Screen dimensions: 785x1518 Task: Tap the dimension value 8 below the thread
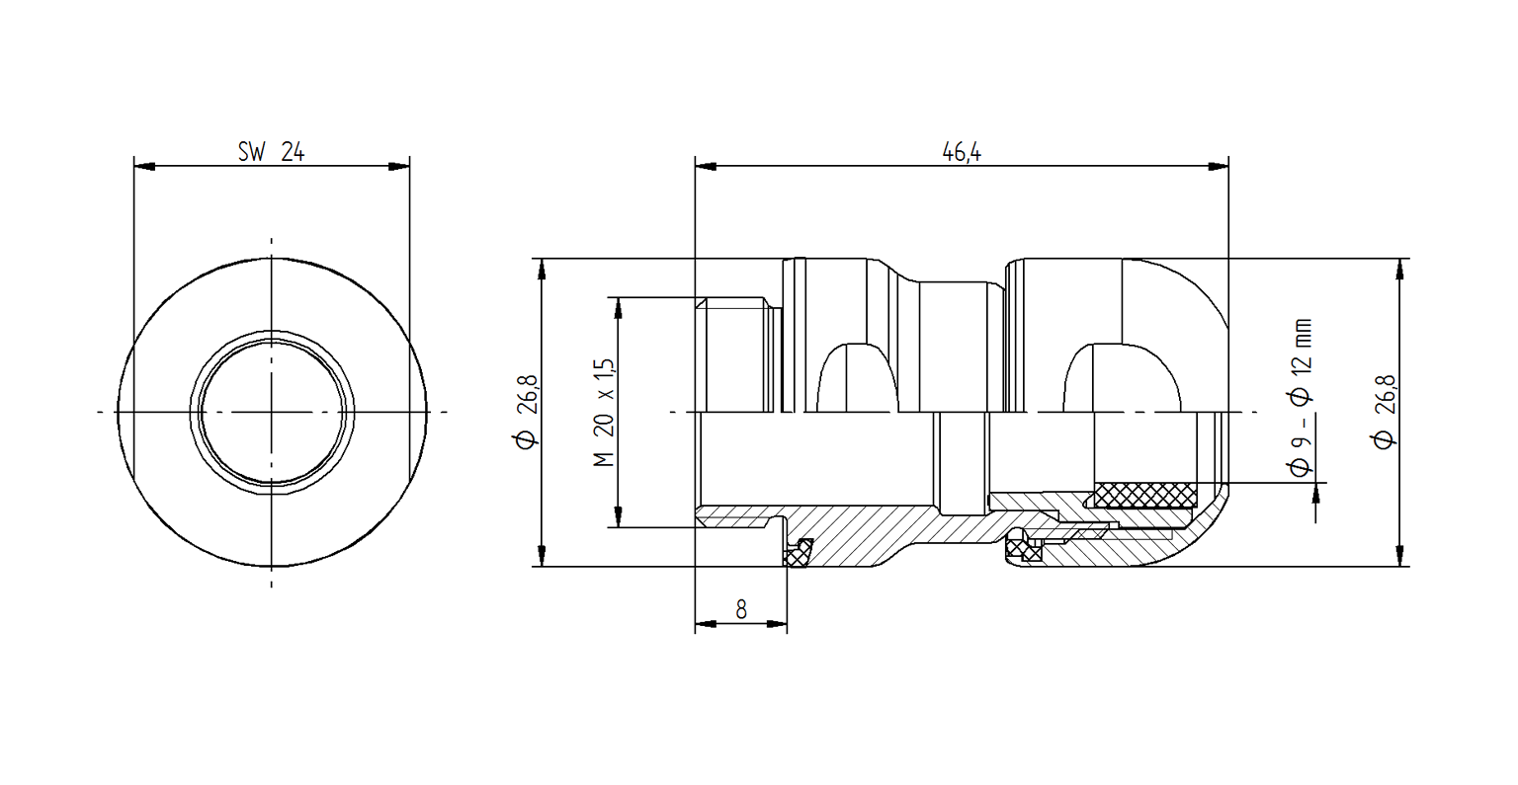[x=741, y=610]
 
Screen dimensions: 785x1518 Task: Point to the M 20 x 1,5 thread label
[x=606, y=412]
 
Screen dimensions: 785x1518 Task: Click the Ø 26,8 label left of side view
[x=527, y=412]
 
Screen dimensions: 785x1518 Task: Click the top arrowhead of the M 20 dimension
[x=619, y=307]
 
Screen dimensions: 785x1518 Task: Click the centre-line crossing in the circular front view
[x=272, y=411]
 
